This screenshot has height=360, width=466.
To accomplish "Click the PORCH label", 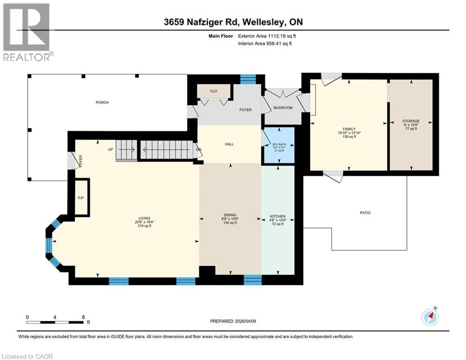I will click(x=102, y=102).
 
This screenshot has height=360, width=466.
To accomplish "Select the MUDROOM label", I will click(x=283, y=108).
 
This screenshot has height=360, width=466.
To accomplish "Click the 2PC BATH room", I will click(x=278, y=145).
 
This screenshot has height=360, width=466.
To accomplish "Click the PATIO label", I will click(x=365, y=213).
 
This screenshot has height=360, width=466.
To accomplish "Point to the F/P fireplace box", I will click(x=80, y=197).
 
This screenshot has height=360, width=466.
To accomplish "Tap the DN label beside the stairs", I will click(x=199, y=150).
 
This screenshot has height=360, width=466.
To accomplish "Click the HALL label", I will click(x=229, y=144).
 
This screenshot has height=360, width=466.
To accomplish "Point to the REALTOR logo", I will click(x=28, y=32).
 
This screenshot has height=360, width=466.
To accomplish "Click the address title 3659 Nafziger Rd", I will click(x=232, y=22).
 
